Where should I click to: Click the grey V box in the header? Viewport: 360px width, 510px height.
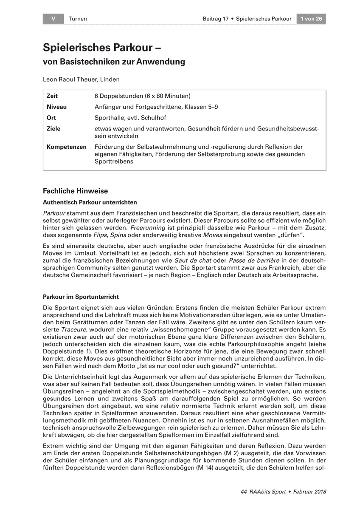point(53,19)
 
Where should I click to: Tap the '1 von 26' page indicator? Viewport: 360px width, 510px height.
point(311,19)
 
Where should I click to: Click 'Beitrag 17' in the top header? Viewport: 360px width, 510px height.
point(216,19)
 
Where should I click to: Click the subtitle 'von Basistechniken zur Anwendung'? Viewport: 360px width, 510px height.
point(114,62)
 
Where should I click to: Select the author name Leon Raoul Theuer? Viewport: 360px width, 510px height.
point(81,79)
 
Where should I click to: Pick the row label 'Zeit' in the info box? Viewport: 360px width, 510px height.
point(52,96)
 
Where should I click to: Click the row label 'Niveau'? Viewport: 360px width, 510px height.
point(56,107)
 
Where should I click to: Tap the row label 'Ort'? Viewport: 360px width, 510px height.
point(51,118)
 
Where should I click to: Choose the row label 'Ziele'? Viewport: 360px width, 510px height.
point(53,128)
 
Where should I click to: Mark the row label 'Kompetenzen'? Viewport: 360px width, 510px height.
point(66,147)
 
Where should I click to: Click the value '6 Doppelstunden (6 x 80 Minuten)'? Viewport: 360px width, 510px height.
point(143,96)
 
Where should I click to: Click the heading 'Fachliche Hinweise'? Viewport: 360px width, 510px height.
point(76,191)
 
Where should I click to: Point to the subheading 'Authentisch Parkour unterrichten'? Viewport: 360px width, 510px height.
point(90,202)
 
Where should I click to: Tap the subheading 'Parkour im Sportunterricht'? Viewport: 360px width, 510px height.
point(81,296)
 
